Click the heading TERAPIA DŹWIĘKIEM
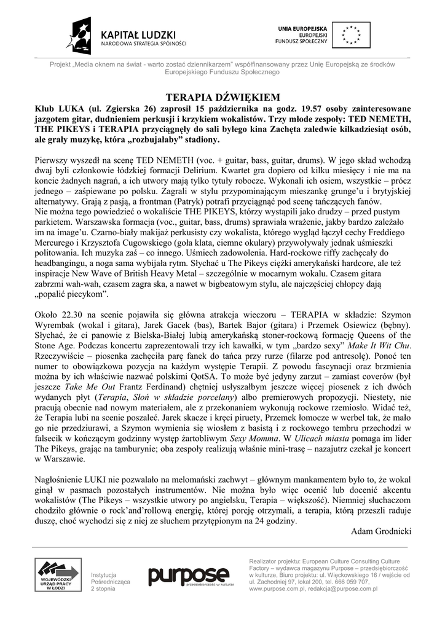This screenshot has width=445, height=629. (x=223, y=96)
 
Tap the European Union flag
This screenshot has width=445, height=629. (x=351, y=35)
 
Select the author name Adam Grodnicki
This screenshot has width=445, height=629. (x=380, y=531)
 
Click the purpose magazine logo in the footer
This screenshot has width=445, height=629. (x=187, y=577)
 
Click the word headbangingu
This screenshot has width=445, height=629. (x=63, y=252)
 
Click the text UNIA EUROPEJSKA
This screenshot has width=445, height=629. (x=302, y=29)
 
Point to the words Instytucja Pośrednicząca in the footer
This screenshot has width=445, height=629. (x=108, y=578)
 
